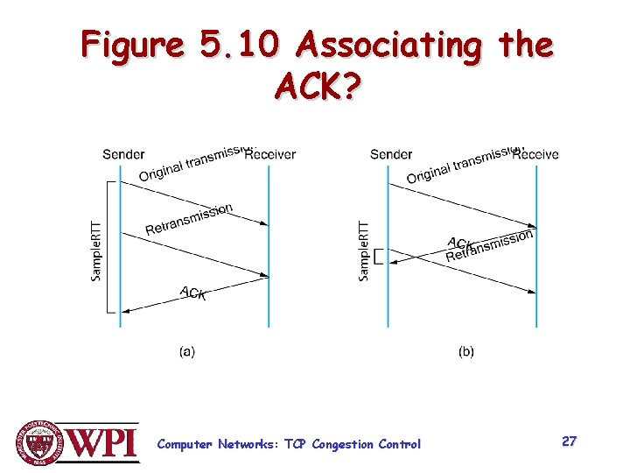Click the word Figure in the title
click(x=130, y=45)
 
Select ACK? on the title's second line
click(x=316, y=87)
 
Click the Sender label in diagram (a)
click(x=123, y=154)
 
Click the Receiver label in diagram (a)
click(x=272, y=155)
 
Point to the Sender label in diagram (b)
click(x=391, y=154)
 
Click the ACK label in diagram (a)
click(x=193, y=293)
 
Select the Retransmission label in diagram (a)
click(x=189, y=219)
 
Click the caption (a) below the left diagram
click(x=187, y=351)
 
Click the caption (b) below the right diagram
click(x=466, y=351)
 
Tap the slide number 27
click(x=569, y=441)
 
